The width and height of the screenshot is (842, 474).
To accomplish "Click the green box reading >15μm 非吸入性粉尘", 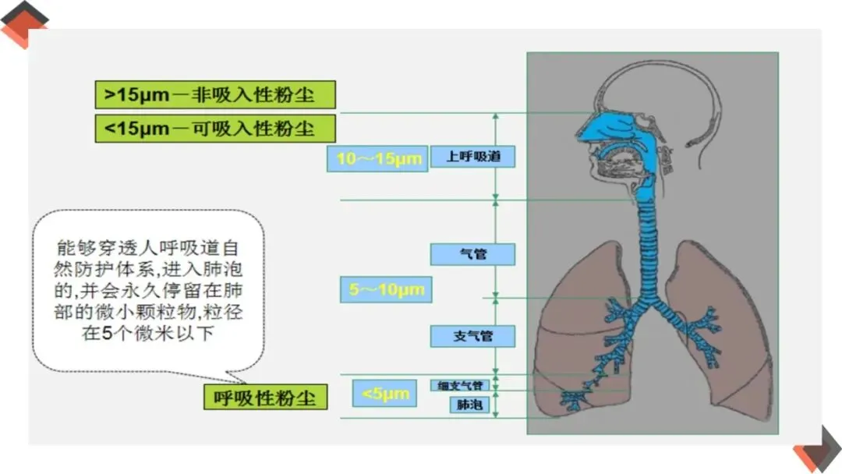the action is point(215,94).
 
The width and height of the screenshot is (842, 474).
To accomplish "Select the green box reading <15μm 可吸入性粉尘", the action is point(215,129).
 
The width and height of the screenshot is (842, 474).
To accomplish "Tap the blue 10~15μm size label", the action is point(378,159).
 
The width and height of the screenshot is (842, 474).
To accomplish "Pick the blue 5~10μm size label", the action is point(386,290).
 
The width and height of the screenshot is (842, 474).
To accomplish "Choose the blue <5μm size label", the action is point(384,394).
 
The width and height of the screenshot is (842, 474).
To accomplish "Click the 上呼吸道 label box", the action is point(473,157).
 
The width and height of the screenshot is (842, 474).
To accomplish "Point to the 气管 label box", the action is point(473,254).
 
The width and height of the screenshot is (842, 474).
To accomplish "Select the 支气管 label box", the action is point(473,336).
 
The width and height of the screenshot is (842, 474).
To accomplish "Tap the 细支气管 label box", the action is point(461,385).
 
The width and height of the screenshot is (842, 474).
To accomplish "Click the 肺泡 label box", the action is point(469,405).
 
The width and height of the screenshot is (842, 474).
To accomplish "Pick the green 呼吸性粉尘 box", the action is point(266,397).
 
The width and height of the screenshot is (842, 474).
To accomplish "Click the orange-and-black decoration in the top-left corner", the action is point(24,23).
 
